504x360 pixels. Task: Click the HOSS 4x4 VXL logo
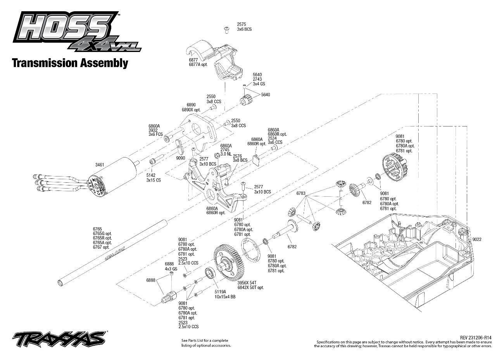76,31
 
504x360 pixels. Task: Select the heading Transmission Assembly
70,63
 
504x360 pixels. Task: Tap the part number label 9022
477,239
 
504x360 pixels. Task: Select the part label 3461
100,165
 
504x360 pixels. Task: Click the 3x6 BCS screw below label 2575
226,30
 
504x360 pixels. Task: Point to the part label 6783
301,193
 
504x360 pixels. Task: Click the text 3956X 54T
247,282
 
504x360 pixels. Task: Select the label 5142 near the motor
151,175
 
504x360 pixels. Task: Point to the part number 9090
180,158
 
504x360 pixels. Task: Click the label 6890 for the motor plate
191,105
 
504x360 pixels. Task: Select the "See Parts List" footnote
206,343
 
